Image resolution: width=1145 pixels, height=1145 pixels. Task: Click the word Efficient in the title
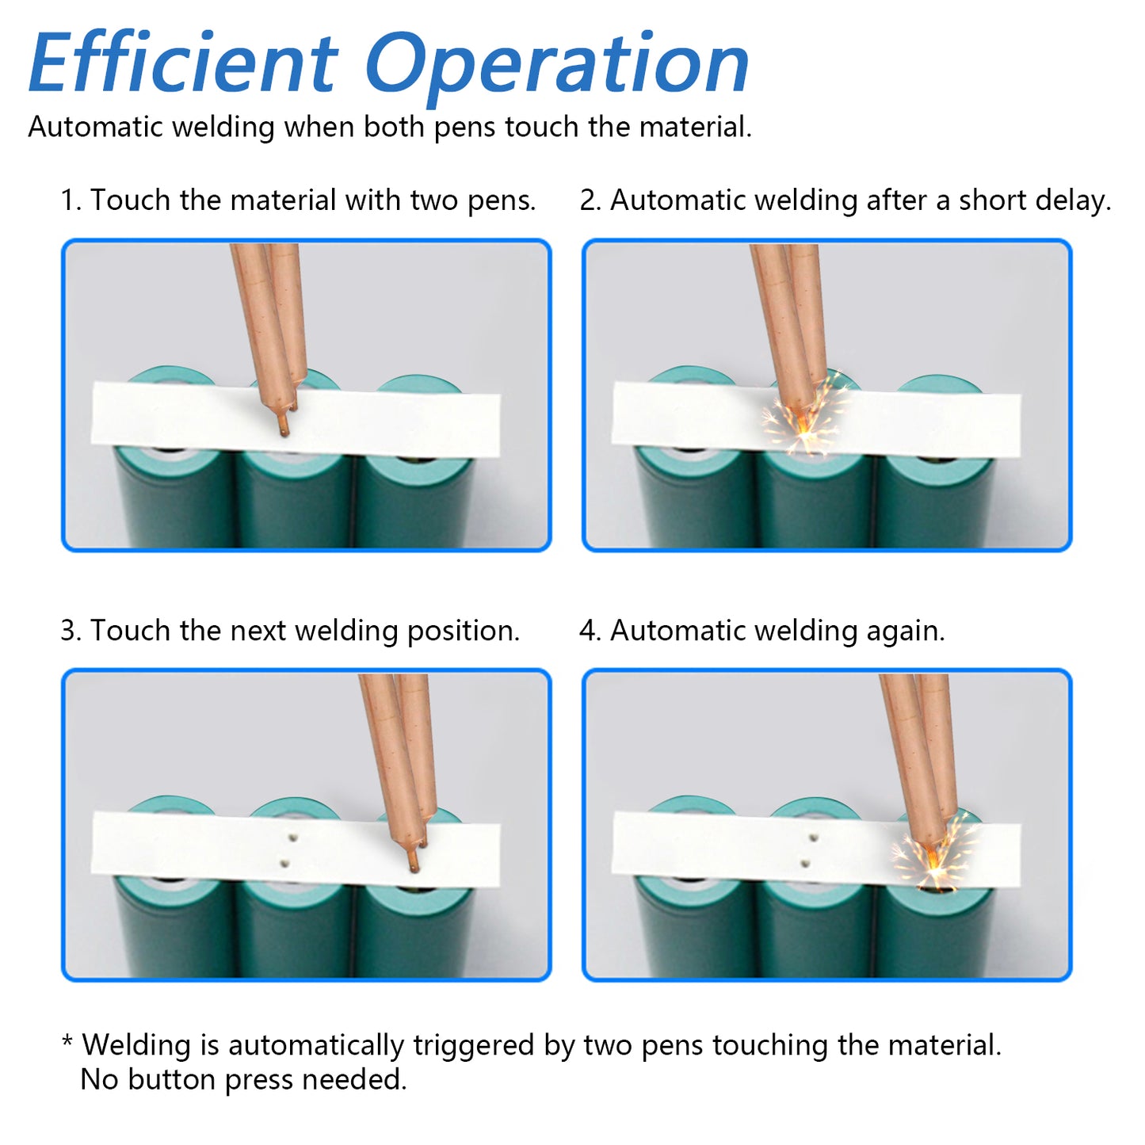click(183, 63)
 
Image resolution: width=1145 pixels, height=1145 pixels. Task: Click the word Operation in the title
click(557, 68)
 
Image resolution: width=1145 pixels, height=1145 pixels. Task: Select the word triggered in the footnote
click(474, 1046)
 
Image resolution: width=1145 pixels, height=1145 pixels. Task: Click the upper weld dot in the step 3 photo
click(292, 838)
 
